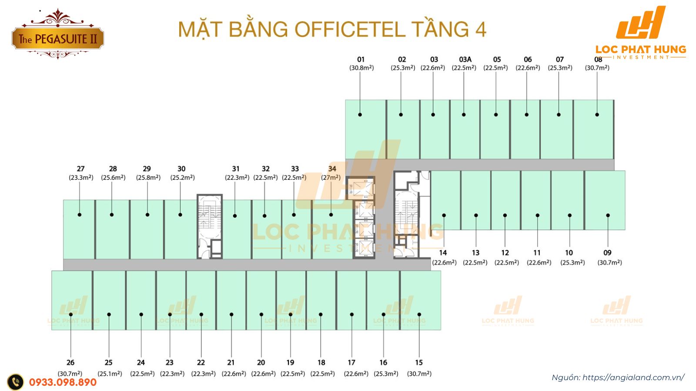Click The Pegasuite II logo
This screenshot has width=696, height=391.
click(57, 38)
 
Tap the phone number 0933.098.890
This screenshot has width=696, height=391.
click(63, 382)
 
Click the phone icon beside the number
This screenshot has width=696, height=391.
click(16, 382)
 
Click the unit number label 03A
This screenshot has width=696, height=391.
click(465, 60)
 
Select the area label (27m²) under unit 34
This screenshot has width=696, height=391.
click(331, 177)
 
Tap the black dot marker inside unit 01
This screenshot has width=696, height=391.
click(360, 115)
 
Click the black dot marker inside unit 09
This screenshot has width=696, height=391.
click(608, 215)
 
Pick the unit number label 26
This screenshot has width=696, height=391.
click(70, 362)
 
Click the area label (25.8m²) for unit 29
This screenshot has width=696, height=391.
click(148, 177)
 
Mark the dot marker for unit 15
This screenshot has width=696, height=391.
click(419, 314)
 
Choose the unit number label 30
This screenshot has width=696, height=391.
click(181, 169)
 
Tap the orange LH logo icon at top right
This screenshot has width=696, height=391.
click(641, 23)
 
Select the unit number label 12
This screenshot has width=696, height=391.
click(505, 252)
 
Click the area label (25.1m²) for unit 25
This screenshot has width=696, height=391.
click(110, 374)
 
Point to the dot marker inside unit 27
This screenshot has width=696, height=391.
click(80, 215)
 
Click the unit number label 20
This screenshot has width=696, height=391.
click(261, 362)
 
